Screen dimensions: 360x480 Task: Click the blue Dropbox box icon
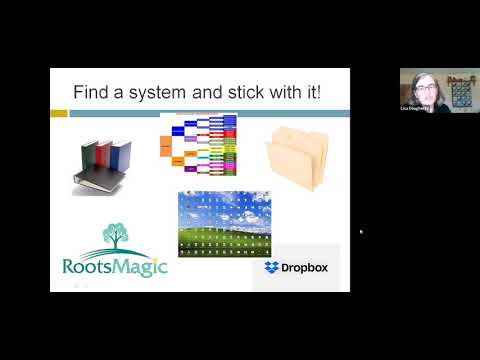point(271,267)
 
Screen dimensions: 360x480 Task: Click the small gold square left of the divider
point(59,114)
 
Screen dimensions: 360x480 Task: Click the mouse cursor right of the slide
point(360,231)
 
